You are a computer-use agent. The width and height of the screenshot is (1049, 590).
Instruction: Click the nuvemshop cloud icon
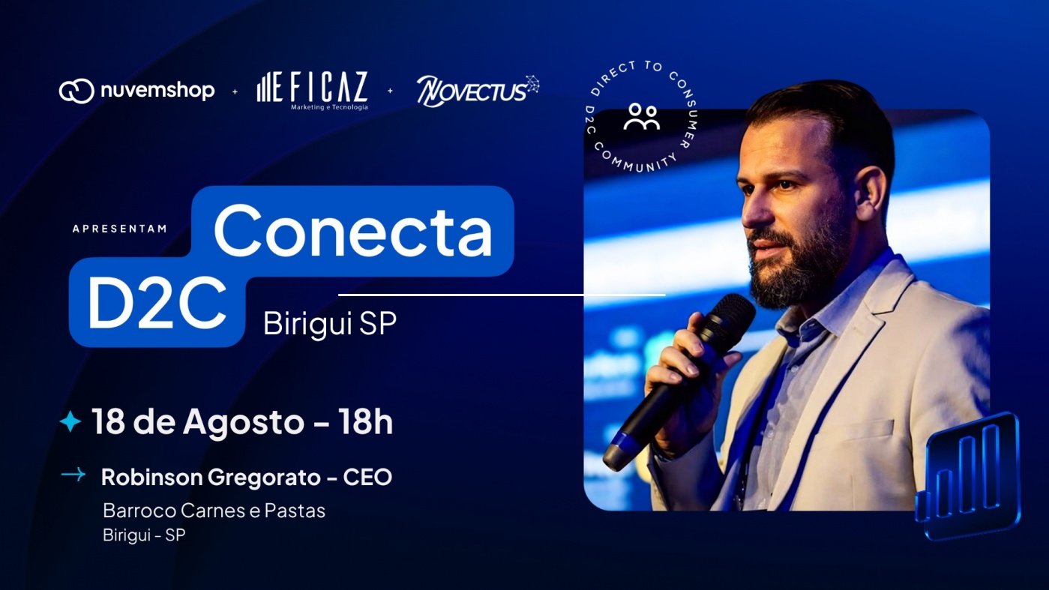pyautogui.click(x=76, y=91)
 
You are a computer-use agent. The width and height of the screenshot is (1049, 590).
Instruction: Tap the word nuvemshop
pyautogui.click(x=157, y=90)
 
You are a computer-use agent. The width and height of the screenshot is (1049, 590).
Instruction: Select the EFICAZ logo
pyautogui.click(x=313, y=91)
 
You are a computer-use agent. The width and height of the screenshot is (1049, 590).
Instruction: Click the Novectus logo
pyautogui.click(x=478, y=91)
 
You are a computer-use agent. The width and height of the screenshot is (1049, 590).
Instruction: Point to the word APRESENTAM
pyautogui.click(x=120, y=229)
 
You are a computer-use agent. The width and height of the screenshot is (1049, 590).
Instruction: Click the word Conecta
pyautogui.click(x=353, y=231)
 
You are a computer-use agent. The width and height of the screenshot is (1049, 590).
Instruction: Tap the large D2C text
pyautogui.click(x=157, y=302)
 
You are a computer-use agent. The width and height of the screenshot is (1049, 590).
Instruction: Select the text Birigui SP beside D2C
pyautogui.click(x=330, y=322)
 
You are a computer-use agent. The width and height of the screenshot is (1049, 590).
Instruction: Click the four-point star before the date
pyautogui.click(x=70, y=421)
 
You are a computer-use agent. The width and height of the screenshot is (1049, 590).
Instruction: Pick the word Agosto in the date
pyautogui.click(x=244, y=423)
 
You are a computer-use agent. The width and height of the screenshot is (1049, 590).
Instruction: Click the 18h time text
pyautogui.click(x=365, y=421)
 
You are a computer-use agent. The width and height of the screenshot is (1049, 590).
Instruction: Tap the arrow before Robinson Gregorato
pyautogui.click(x=73, y=475)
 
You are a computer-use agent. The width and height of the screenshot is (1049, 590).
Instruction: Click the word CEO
pyautogui.click(x=367, y=477)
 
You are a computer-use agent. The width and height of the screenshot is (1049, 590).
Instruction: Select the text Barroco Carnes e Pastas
pyautogui.click(x=214, y=511)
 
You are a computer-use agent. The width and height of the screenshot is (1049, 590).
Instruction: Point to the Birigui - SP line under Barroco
pyautogui.click(x=144, y=535)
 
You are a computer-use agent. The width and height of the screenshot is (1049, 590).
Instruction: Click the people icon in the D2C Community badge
pyautogui.click(x=642, y=117)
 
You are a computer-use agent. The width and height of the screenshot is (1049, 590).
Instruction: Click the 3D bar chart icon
pyautogui.click(x=969, y=475)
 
